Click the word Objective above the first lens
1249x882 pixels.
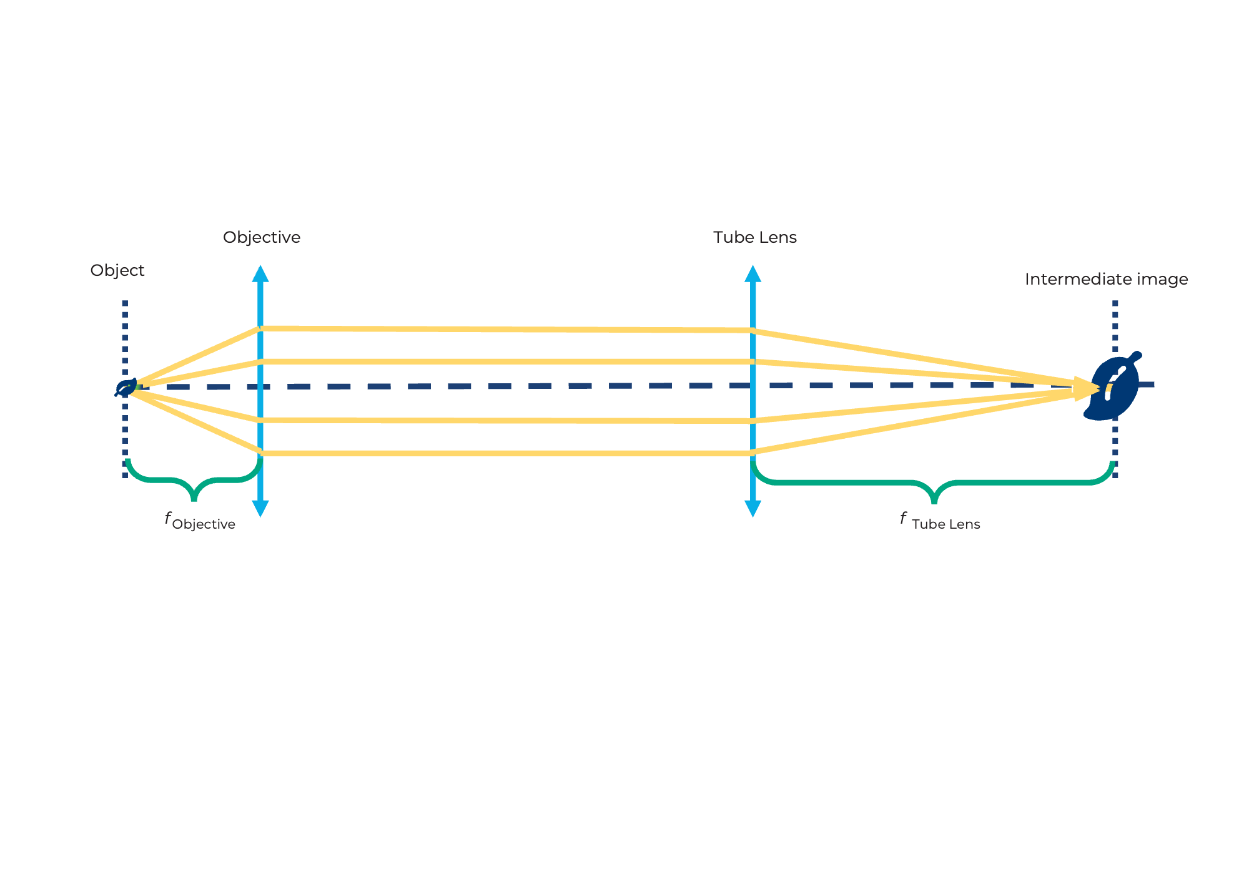(261, 238)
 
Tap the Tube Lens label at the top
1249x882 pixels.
(754, 238)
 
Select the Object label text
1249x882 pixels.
(117, 270)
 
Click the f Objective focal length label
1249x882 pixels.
(200, 521)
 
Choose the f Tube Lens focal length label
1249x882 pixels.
(940, 521)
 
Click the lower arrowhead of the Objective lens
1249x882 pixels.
(260, 508)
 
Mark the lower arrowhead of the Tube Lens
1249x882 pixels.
(753, 508)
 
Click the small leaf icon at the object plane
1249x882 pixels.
(126, 388)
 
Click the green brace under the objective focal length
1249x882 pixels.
(194, 482)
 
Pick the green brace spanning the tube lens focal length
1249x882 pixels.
(934, 484)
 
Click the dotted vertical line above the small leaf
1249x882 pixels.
(125, 337)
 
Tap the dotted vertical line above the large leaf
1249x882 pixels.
(1115, 325)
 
